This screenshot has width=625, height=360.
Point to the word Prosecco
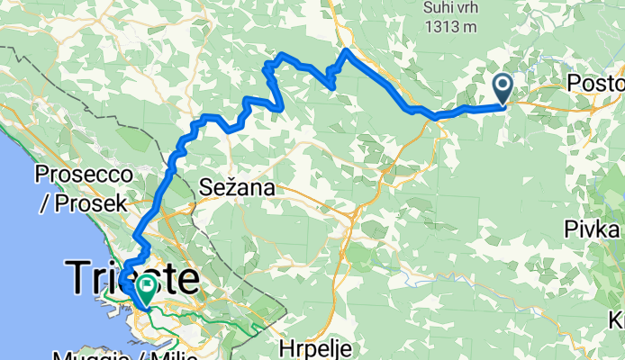(79, 172)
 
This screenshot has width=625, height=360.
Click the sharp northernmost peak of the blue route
(348, 50)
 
